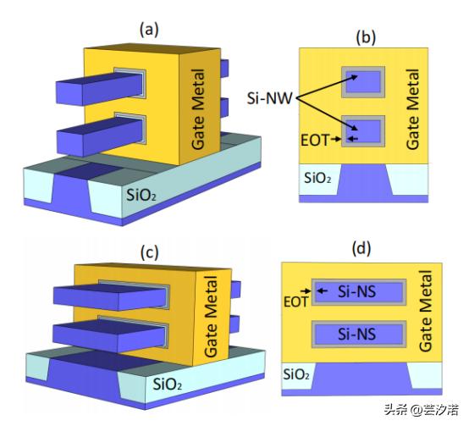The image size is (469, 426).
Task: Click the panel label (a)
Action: point(149,30)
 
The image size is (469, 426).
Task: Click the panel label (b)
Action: point(366,38)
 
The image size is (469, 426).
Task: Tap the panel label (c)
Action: point(149,252)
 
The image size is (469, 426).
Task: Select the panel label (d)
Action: point(361,249)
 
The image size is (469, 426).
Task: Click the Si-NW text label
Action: point(269,98)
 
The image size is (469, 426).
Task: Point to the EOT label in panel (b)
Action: point(314,141)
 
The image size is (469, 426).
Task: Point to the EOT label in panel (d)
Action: point(295,302)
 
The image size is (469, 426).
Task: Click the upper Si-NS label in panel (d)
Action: point(357,291)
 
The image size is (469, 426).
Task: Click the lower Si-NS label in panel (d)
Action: point(357,334)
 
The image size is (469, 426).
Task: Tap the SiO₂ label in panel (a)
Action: point(141,195)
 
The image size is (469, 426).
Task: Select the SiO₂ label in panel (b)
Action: point(317,178)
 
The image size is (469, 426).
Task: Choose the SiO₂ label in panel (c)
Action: point(168,384)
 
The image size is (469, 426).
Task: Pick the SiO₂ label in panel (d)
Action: point(296,374)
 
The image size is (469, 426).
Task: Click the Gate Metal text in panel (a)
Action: point(198,109)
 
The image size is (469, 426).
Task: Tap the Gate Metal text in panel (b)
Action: point(412,109)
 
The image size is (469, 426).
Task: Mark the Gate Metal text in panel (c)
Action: point(211,317)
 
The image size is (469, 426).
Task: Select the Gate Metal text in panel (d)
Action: point(425,311)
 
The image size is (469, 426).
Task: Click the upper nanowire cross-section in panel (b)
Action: point(363,82)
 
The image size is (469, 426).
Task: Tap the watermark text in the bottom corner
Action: point(421,409)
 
